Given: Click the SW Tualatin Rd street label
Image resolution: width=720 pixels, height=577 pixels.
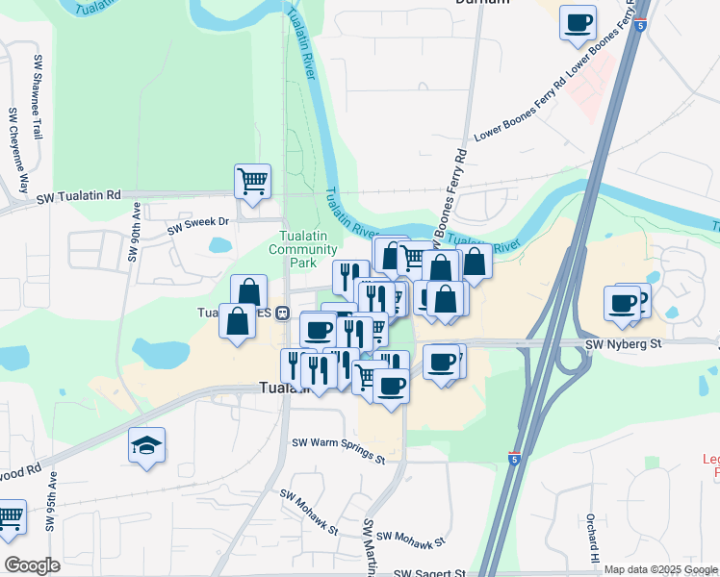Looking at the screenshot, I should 79,196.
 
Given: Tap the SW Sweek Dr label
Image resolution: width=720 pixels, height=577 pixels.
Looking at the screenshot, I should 199,225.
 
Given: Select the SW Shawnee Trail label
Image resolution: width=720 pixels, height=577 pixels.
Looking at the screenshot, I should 39,97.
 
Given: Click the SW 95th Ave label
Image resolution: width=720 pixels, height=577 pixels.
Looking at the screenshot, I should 47,502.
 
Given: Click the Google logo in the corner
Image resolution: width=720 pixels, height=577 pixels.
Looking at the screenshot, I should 32,564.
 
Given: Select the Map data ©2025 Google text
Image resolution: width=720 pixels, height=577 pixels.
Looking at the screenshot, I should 661,569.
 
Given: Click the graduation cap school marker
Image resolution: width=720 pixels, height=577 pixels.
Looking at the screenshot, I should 147,444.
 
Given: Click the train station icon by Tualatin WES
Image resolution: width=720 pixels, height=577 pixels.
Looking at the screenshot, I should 283,313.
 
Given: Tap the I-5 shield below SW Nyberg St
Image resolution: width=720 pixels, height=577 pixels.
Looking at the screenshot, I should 515,460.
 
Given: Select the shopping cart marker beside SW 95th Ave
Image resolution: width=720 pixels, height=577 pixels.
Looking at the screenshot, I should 10,517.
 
